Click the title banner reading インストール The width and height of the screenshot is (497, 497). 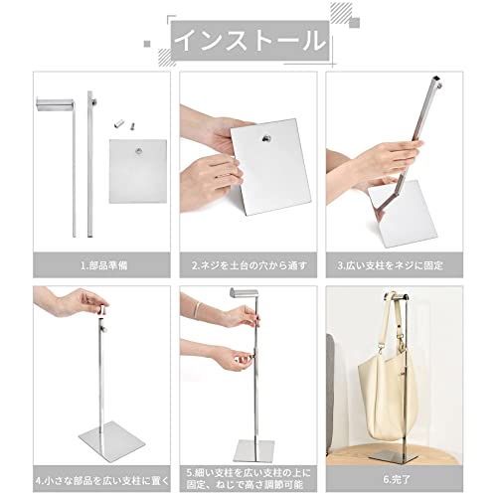250,41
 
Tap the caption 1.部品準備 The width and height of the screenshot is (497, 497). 104,265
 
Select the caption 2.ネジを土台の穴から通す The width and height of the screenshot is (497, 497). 249,265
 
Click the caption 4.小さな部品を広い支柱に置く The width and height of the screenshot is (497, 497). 102,480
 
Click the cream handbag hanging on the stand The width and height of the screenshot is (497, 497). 388,391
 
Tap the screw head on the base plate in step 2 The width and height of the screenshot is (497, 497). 266,139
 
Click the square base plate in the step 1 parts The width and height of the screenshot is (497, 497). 138,171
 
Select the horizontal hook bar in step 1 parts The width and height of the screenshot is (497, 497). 55,103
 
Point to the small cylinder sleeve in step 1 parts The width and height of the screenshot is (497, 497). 118,124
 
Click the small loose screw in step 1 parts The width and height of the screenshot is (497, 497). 132,125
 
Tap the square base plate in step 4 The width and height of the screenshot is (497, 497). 112,438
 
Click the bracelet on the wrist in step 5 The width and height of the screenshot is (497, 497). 198,310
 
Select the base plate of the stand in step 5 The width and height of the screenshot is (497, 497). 254,451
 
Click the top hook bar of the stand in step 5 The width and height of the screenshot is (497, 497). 245,292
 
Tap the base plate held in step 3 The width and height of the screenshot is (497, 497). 404,214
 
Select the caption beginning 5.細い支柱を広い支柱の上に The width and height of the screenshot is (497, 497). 248,479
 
